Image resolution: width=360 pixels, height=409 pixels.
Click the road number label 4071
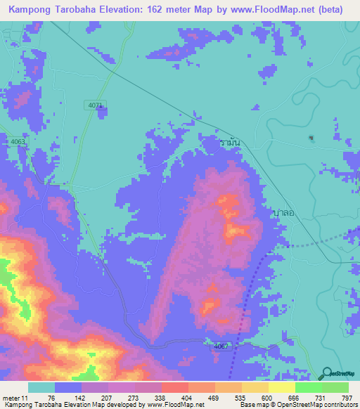(96, 105)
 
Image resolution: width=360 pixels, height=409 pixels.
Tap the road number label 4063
(18, 141)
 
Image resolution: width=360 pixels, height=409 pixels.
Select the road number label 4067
(221, 346)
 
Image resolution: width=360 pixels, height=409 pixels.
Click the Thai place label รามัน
(230, 142)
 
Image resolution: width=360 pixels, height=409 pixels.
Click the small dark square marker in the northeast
(311, 137)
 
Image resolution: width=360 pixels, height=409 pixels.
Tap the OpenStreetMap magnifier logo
(326, 374)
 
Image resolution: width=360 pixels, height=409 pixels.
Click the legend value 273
(134, 398)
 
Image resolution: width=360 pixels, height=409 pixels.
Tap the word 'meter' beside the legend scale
(13, 398)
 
